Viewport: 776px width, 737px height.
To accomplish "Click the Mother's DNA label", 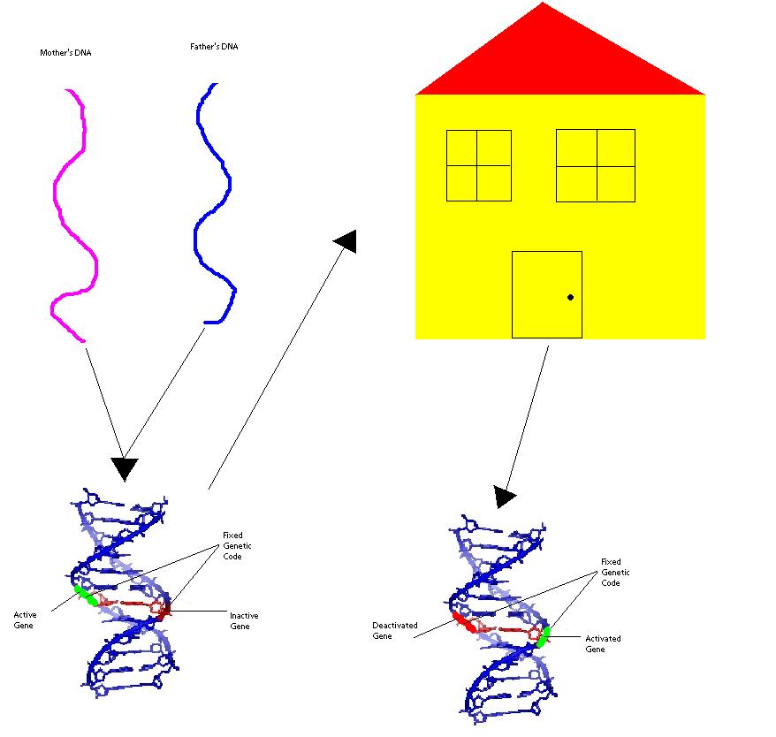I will click(65, 53).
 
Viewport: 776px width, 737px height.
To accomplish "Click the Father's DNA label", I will click(214, 47).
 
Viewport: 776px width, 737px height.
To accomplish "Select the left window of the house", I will click(478, 165).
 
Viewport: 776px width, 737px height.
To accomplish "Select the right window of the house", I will click(595, 165).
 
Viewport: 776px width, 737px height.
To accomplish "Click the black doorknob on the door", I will click(570, 297).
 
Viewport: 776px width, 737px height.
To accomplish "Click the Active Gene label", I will click(26, 619).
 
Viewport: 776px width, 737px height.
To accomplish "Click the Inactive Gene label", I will click(244, 621).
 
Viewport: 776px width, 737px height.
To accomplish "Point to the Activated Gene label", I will click(603, 643).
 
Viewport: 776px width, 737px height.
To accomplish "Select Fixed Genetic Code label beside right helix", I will click(615, 572).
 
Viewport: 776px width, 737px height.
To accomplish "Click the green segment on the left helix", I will click(86, 595).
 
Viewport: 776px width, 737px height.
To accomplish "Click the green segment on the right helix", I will click(543, 636).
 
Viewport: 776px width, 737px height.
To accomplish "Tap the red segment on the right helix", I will click(463, 620).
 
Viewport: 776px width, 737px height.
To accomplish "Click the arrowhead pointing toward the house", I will click(346, 240).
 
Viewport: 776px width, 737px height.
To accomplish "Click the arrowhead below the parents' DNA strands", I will click(125, 468).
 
